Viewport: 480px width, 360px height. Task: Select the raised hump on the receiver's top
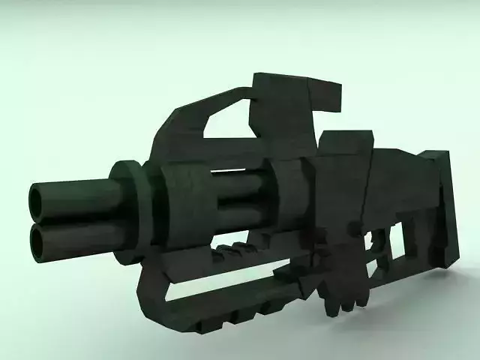coord(345,142)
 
